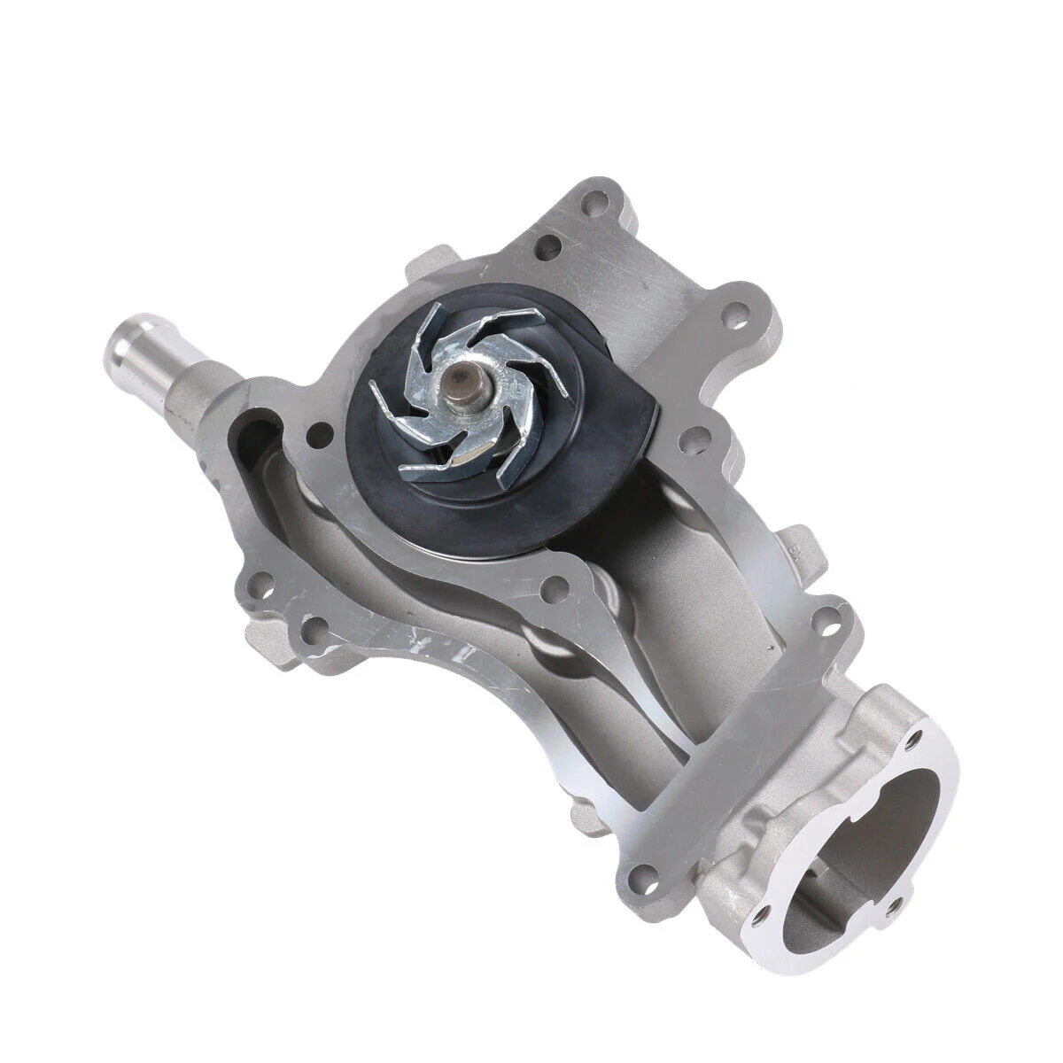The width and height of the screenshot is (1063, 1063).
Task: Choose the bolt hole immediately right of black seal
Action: pos(694,435)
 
